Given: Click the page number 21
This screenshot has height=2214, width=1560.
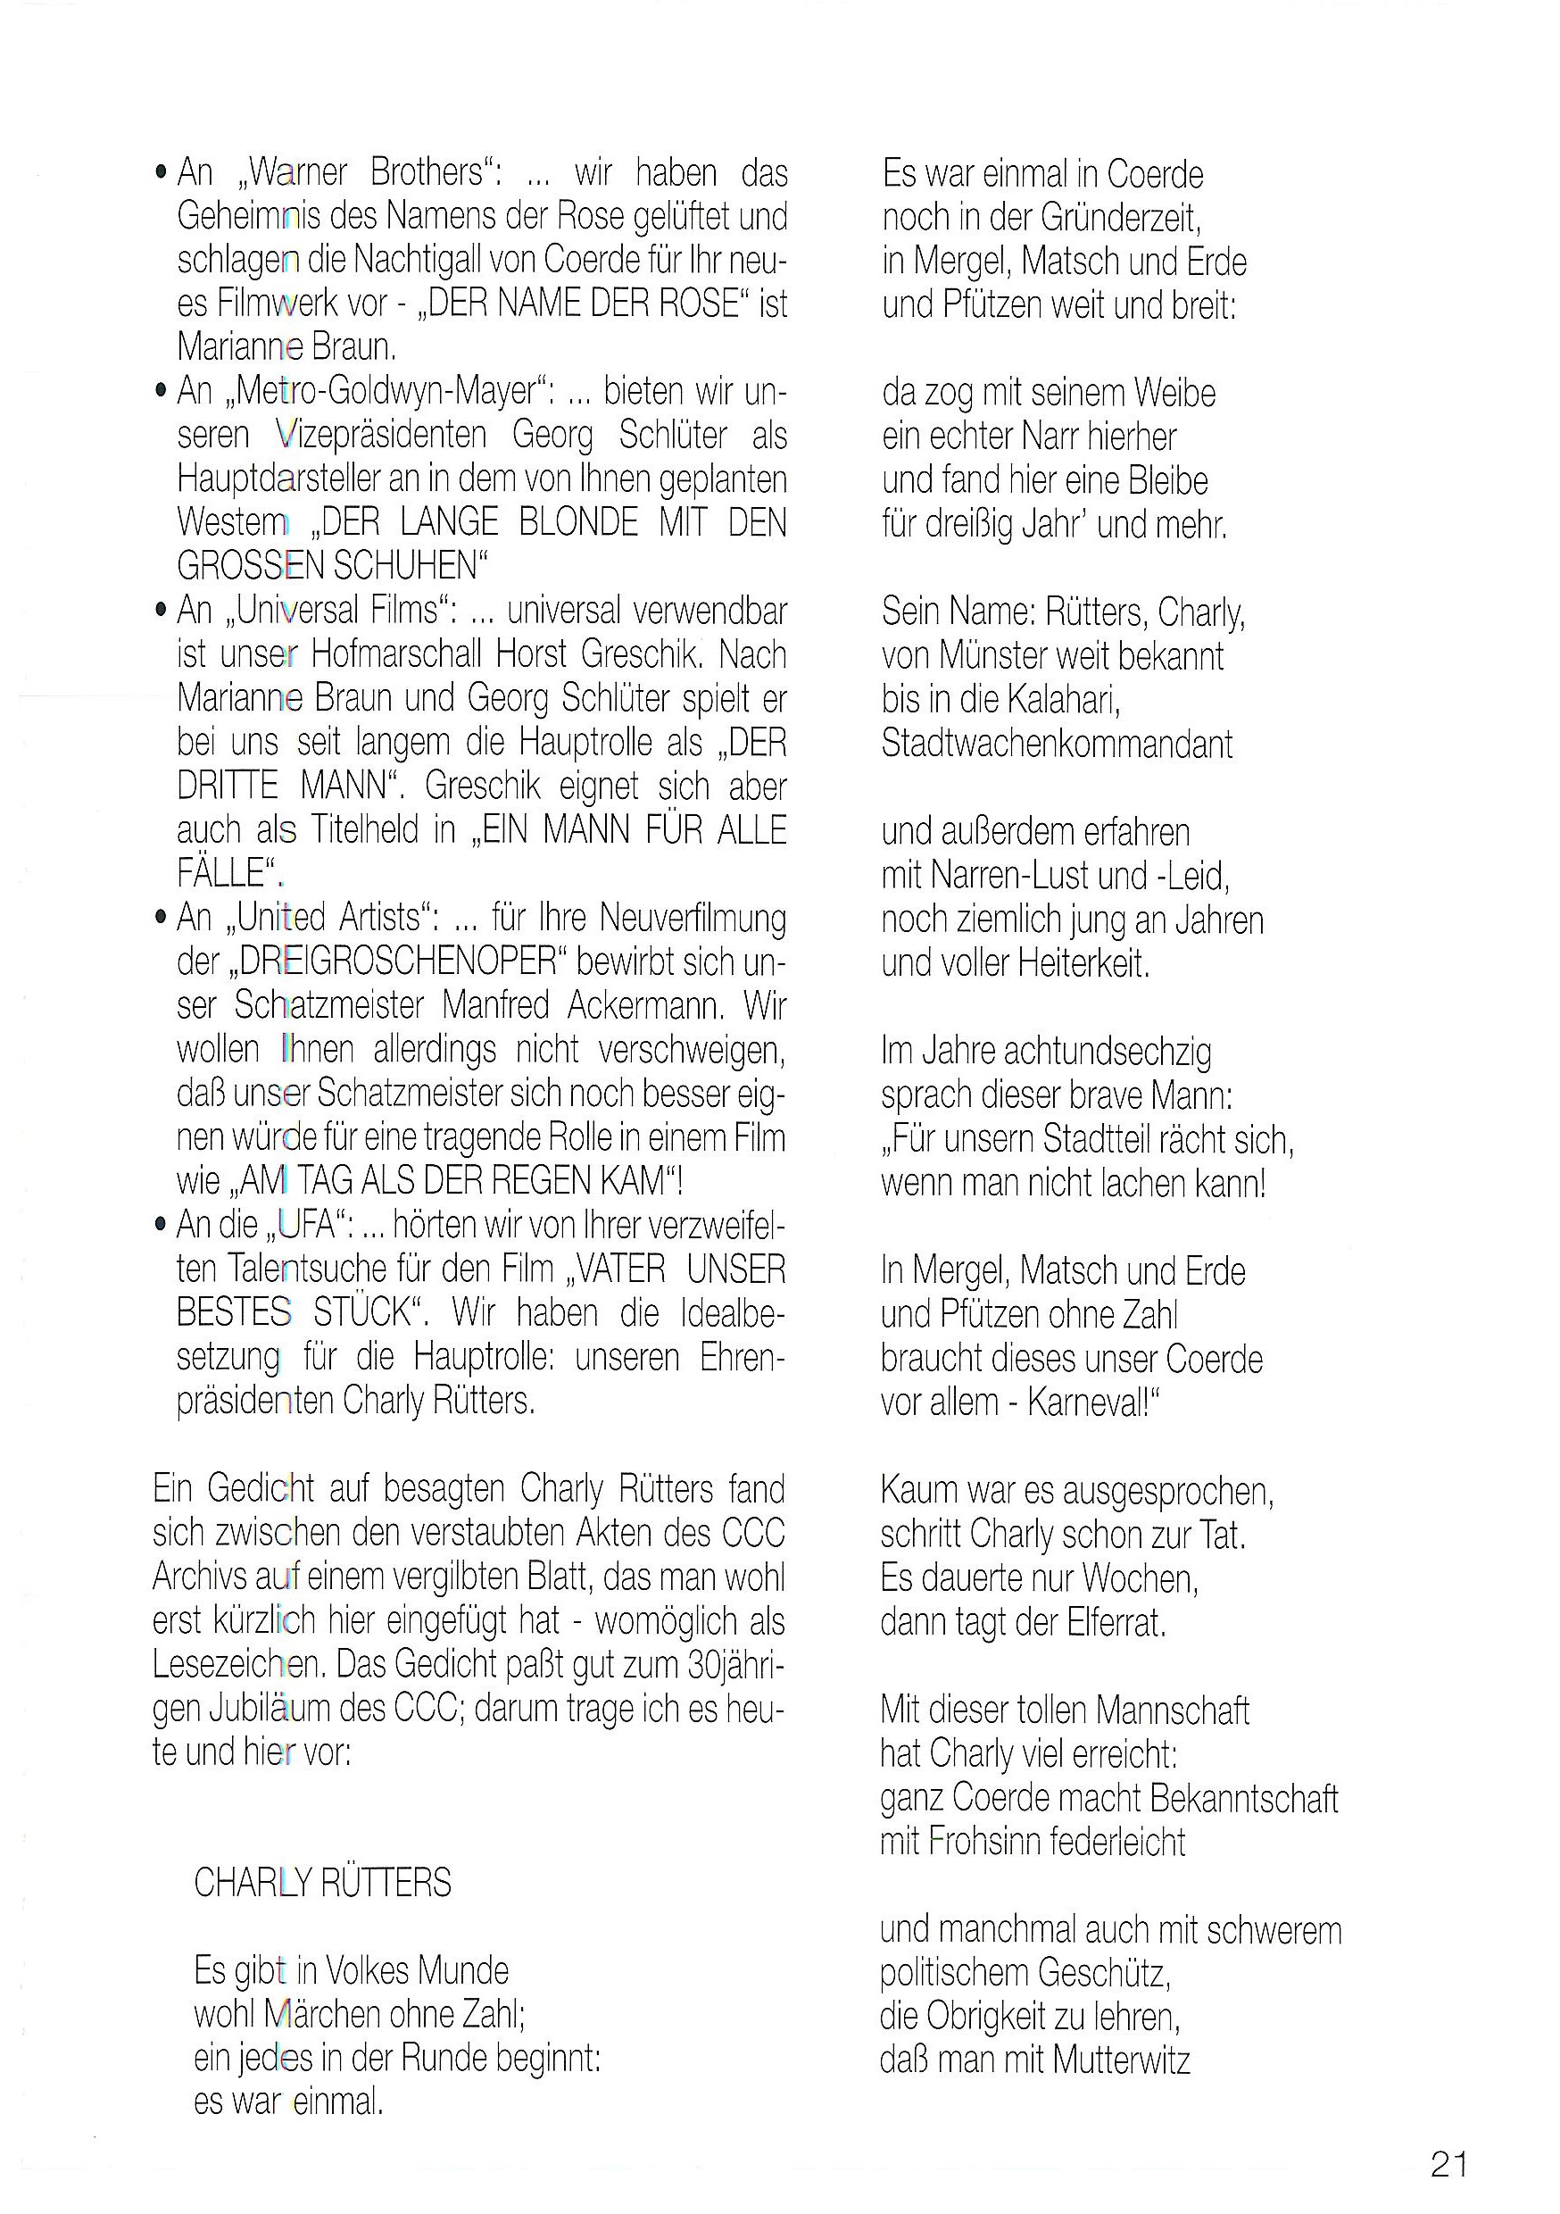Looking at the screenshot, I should (1448, 2164).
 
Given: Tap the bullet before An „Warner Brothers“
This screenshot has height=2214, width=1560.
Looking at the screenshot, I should (160, 173).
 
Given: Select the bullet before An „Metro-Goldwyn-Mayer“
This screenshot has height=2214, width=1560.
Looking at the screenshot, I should (160, 392).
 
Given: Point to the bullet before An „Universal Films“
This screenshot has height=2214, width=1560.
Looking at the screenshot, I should (160, 611).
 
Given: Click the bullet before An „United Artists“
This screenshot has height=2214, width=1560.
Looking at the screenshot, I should (160, 917).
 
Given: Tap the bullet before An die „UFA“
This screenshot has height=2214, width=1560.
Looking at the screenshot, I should (160, 1225).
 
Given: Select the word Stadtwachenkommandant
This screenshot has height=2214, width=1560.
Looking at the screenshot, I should (1057, 744).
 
